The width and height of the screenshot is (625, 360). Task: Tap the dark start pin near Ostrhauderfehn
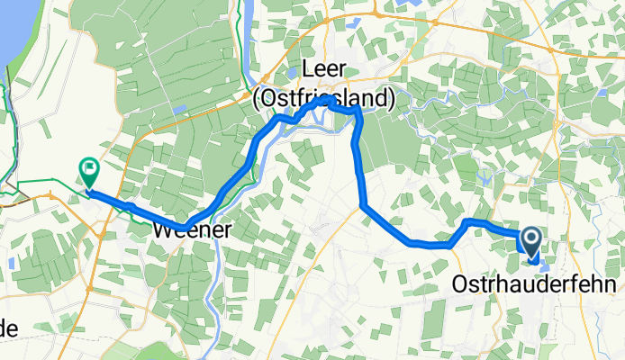[x=530, y=239]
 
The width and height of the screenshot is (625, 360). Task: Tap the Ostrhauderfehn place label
[x=533, y=284]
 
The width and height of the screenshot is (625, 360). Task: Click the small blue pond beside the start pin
[x=539, y=263]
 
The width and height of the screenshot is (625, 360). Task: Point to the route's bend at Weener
[x=186, y=225]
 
